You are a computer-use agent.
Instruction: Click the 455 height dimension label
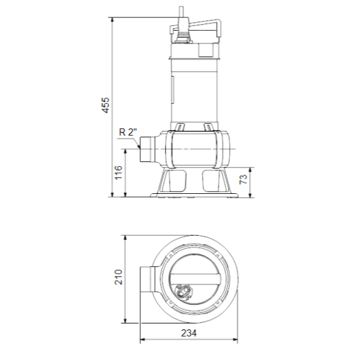click(x=106, y=105)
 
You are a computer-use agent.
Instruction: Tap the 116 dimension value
click(x=118, y=172)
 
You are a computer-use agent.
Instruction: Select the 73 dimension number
click(x=244, y=179)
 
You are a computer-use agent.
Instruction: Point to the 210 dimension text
click(x=118, y=277)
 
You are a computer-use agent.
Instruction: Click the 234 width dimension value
click(x=189, y=333)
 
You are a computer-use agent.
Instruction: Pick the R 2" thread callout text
click(x=128, y=132)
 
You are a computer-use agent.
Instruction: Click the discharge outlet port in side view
click(x=147, y=149)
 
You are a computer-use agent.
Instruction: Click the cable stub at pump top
click(x=182, y=12)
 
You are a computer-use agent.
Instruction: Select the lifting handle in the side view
click(x=196, y=28)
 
